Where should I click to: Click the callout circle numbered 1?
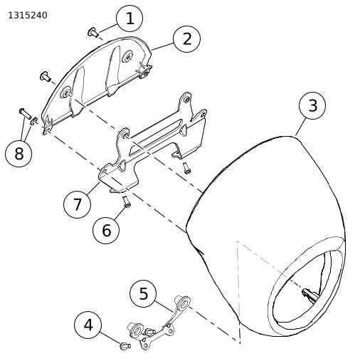coord(129,19)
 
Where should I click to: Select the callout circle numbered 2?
coord(187,39)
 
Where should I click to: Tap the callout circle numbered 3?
coord(312,105)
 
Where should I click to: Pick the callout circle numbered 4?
coord(88,325)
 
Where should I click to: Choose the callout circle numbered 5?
coord(143,293)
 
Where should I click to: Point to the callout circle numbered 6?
coord(106,230)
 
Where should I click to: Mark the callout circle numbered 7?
coord(78,204)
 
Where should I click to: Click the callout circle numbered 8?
coord(18,154)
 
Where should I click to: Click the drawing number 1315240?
coord(28,16)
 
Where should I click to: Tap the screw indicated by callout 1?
coord(92,32)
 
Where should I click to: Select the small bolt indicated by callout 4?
coord(125,345)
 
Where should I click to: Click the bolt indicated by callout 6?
coord(127,202)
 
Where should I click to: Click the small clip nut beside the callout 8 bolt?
coord(34,121)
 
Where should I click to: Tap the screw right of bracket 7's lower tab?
coord(186,168)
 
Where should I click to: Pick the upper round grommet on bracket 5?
coord(183,303)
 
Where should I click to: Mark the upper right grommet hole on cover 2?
coord(128,56)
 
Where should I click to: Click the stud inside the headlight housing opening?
coord(309,294)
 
